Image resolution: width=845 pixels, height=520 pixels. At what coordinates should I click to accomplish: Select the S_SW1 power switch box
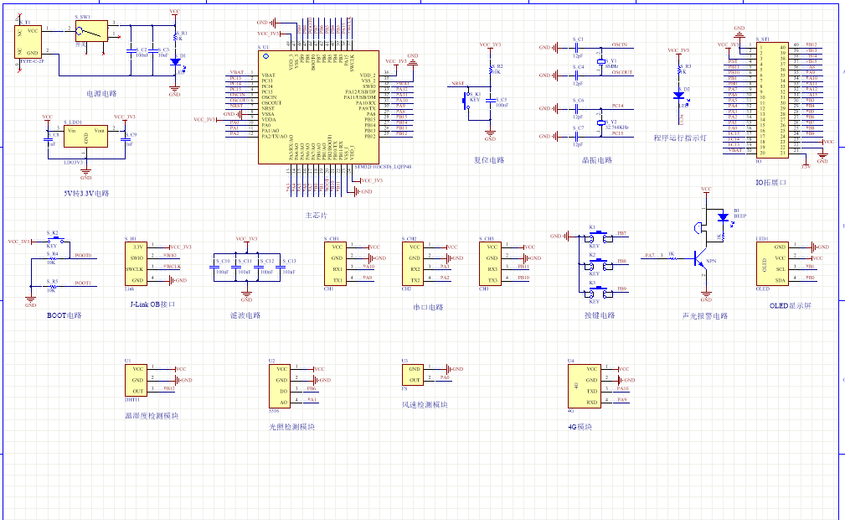90,33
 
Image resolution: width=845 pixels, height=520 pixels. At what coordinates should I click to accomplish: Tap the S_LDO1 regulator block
85,137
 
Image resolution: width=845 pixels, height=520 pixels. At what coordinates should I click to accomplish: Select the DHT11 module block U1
139,379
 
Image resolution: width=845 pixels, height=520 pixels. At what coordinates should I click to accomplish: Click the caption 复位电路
489,159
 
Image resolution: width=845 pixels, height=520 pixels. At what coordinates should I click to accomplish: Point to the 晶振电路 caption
596,159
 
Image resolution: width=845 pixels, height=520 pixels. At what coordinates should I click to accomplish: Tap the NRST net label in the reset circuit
457,84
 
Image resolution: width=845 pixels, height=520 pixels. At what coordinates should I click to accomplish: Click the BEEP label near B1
739,216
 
